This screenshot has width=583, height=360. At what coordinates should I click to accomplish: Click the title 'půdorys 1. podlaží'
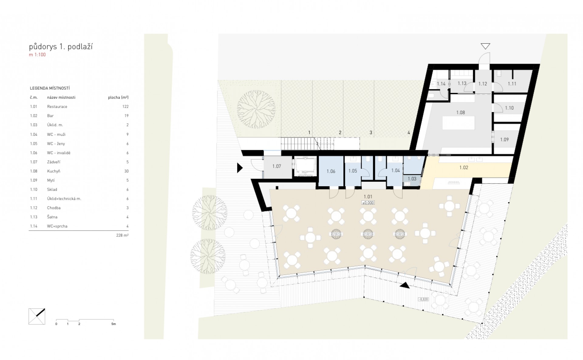61,47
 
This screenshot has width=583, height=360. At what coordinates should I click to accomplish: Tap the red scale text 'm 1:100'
37,55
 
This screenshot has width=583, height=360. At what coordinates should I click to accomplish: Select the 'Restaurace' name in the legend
57,107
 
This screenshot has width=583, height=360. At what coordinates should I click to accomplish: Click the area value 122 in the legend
125,107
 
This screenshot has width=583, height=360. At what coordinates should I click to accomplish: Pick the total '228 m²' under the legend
122,235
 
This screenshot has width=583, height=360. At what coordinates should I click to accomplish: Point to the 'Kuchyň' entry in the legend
53,171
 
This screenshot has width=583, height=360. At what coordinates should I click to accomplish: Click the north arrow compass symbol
37,316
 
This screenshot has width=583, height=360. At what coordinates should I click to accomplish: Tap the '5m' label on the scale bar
113,324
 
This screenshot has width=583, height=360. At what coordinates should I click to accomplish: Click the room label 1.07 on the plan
277,166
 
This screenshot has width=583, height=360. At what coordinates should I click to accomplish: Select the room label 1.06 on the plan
331,171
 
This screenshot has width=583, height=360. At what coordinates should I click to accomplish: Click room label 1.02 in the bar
464,167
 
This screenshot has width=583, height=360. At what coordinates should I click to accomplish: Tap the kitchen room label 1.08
460,112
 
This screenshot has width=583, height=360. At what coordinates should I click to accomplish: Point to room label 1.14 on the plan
441,84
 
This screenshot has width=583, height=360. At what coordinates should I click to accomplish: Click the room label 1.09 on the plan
504,139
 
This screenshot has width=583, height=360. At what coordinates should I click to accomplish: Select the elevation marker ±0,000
368,203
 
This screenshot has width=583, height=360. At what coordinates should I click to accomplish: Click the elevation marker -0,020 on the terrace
423,299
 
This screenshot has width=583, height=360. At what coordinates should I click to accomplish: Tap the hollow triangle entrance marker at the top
485,46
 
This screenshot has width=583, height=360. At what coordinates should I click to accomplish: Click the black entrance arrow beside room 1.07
240,167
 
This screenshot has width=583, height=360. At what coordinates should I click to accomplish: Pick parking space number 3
371,132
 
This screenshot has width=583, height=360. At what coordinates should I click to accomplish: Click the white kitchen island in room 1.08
459,123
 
